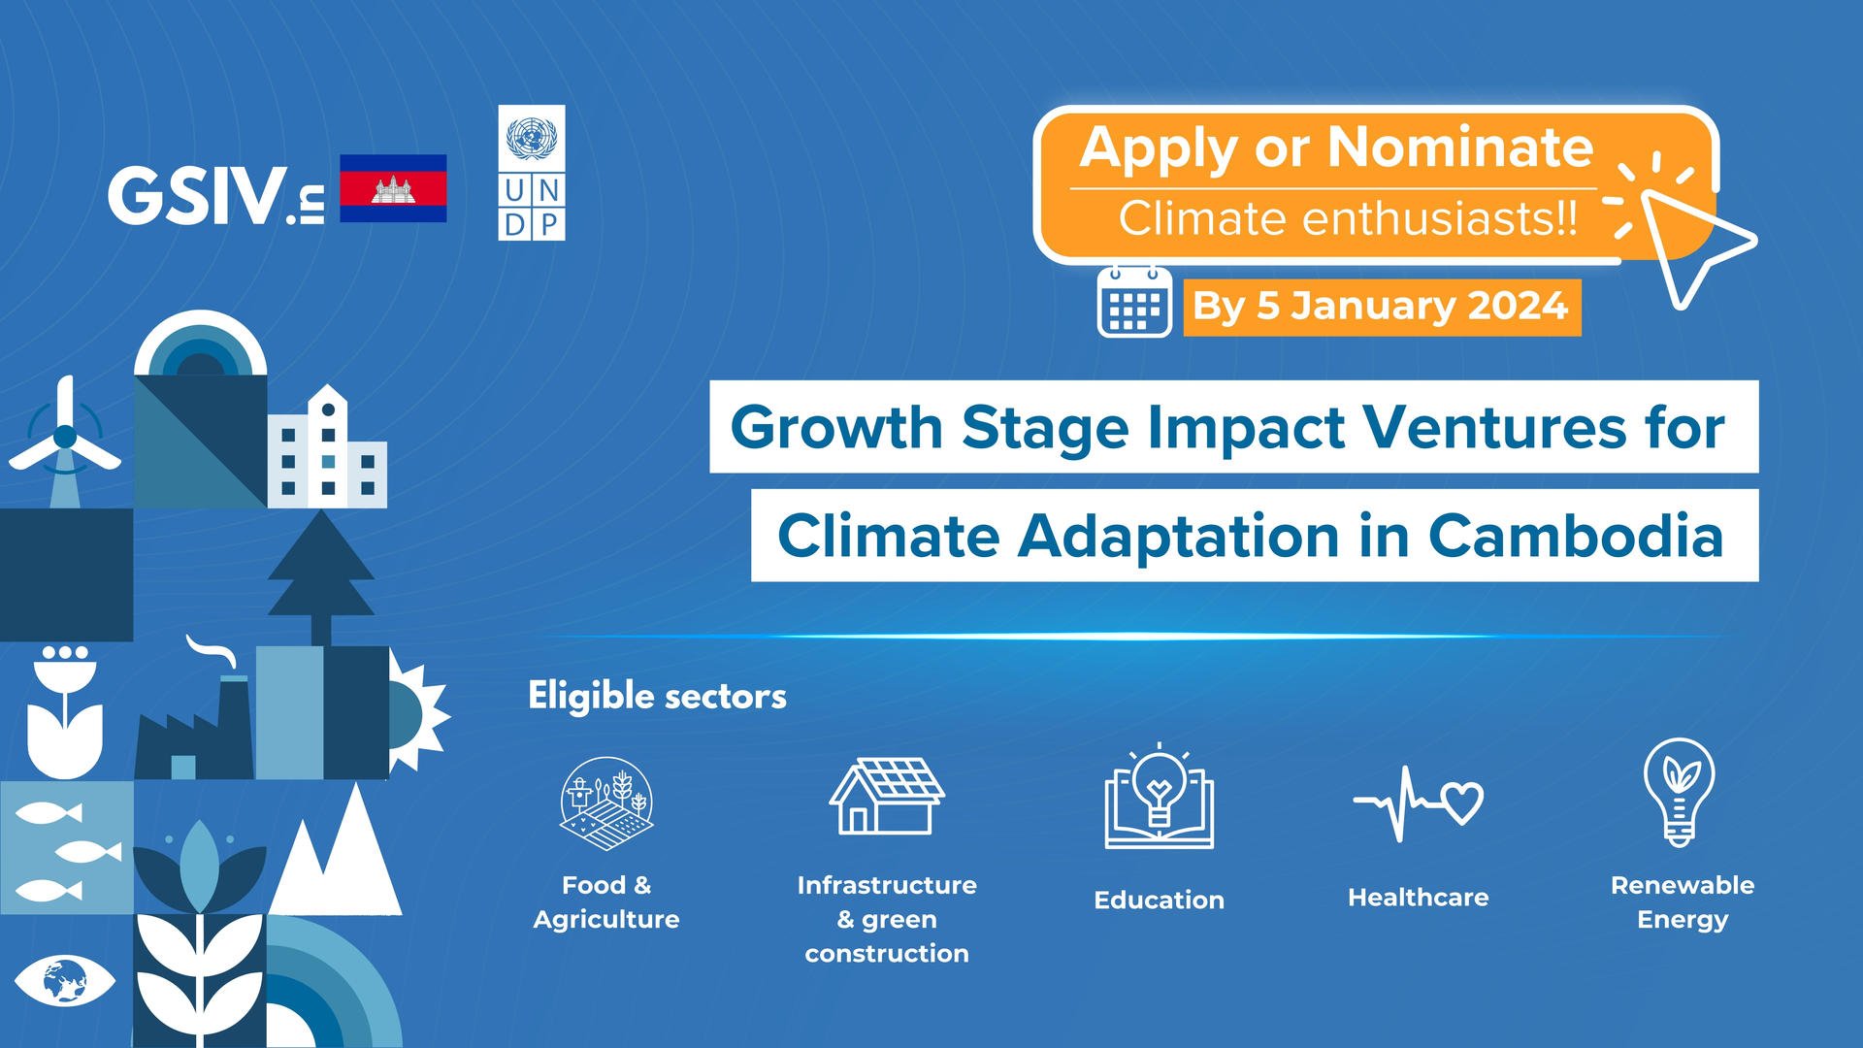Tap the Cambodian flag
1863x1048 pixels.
(393, 188)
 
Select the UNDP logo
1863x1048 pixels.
(532, 173)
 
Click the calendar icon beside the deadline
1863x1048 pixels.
(1134, 302)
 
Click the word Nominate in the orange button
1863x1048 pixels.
(1460, 147)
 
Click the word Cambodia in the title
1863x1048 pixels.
(1576, 537)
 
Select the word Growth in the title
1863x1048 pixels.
(836, 428)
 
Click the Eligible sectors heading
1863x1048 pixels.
(657, 696)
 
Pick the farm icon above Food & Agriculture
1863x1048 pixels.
(606, 803)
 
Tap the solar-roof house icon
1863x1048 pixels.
(887, 796)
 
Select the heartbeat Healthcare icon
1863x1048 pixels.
(1419, 802)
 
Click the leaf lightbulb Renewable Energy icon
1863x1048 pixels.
(1680, 792)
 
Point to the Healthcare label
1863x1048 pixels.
(1419, 898)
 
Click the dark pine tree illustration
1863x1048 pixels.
(321, 577)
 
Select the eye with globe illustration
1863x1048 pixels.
(65, 980)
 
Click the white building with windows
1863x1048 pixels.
(327, 447)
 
